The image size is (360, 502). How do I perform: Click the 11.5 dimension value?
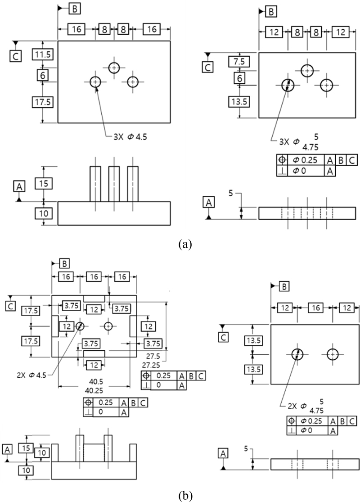(43, 54)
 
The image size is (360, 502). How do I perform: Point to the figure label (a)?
(185, 244)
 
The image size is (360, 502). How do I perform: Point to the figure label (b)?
(185, 496)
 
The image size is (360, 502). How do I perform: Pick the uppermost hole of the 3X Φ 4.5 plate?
(114, 68)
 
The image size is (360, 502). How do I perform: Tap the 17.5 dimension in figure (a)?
(43, 102)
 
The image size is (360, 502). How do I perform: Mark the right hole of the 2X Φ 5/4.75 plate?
(333, 354)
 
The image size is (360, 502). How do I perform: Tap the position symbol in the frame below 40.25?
(88, 403)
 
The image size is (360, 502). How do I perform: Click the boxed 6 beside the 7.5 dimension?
(240, 78)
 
